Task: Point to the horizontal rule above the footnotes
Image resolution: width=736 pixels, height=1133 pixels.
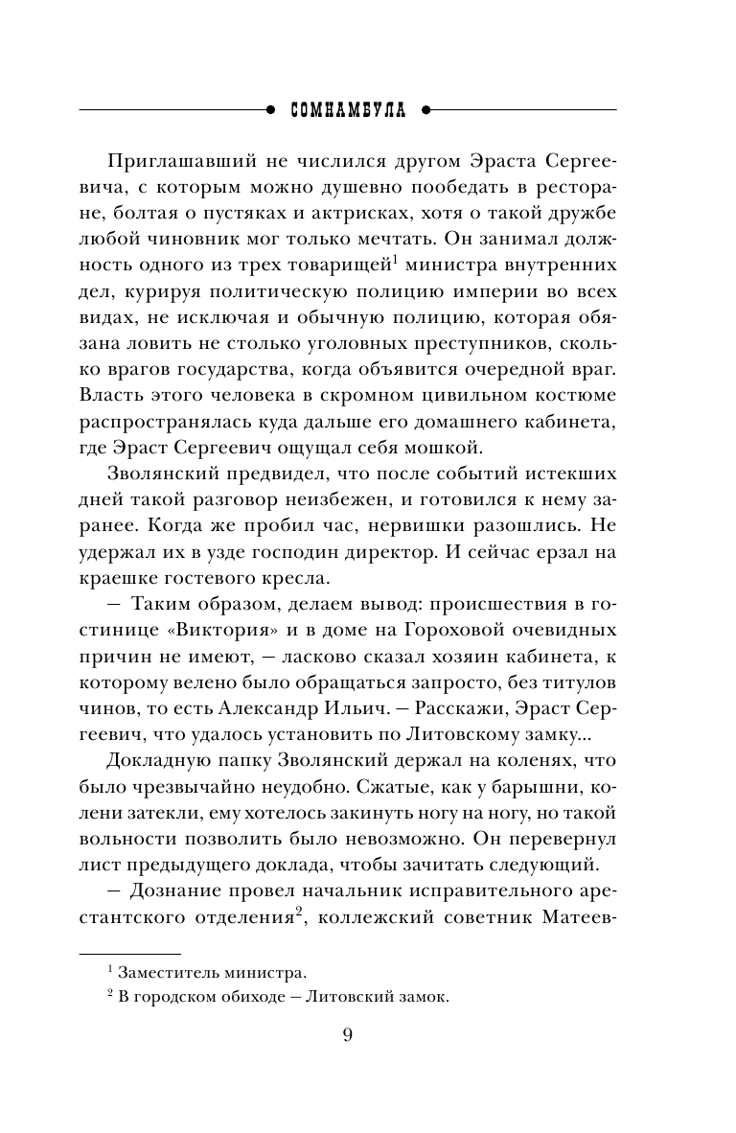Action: [128, 953]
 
